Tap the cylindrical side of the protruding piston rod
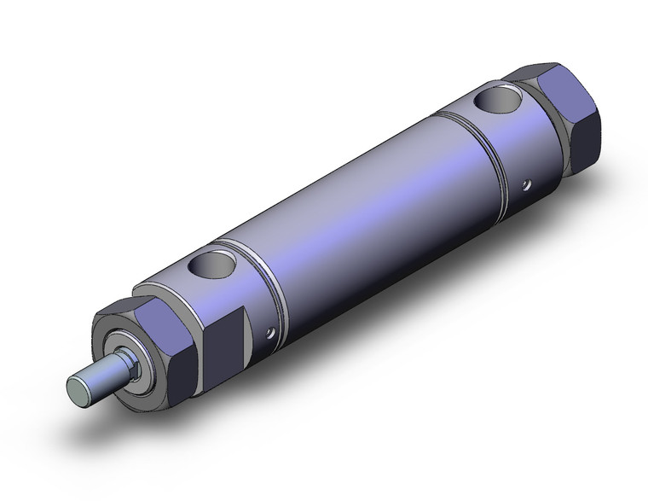coord(101,376)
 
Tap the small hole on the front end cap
coord(271,334)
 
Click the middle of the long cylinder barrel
coord(367,205)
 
